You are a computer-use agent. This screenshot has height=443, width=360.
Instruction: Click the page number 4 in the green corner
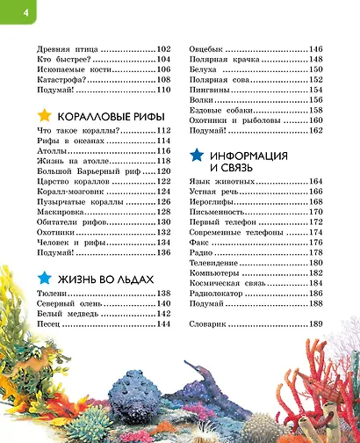pyautogui.click(x=11, y=10)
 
